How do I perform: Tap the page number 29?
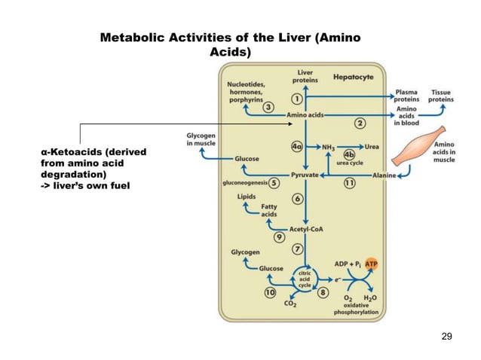[446, 336]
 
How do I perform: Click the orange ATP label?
[371, 264]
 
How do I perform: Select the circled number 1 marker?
[298, 99]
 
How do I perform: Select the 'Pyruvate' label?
[305, 175]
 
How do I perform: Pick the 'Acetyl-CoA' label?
[306, 230]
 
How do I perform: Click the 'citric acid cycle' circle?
[305, 277]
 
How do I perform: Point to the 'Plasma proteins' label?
[408, 98]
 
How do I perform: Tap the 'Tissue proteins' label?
[442, 98]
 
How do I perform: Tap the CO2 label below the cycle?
[289, 304]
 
